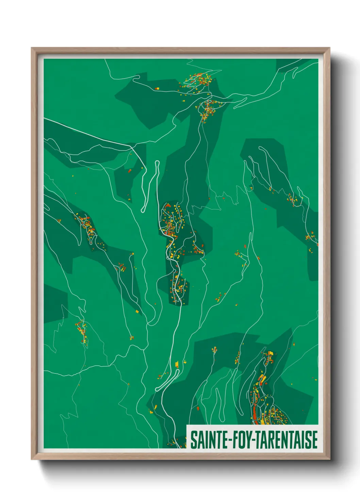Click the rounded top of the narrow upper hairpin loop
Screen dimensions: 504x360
pos(157,162)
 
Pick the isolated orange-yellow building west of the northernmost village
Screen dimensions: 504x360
pos(157,89)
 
